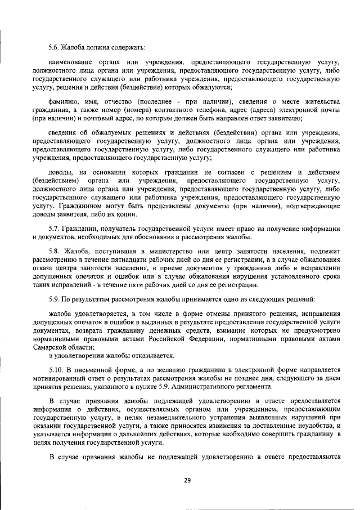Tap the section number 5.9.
tap(55, 296)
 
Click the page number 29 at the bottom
tap(187, 479)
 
